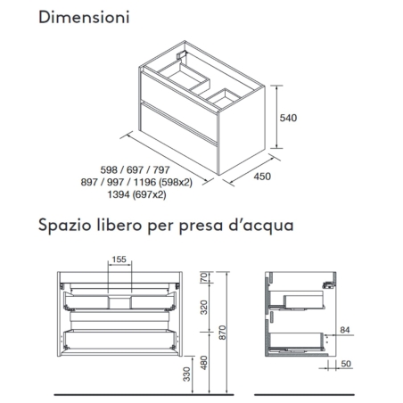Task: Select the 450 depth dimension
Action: coord(261,177)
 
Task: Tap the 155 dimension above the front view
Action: coord(119,260)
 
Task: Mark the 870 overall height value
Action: coord(234,332)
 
